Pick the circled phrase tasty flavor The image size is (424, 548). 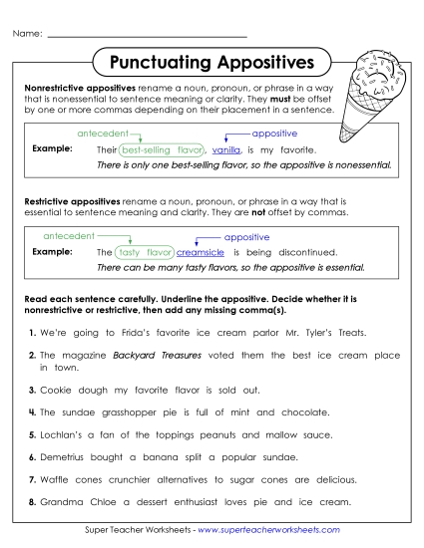145,253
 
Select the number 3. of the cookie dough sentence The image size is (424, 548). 33,392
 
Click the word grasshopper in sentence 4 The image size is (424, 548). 134,411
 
